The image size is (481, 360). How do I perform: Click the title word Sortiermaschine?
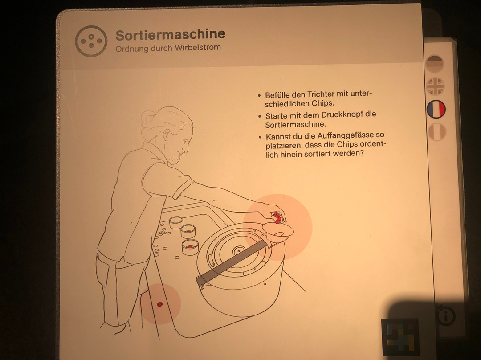(171, 35)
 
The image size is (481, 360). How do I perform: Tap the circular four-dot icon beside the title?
(91, 41)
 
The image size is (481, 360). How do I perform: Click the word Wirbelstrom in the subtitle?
(198, 48)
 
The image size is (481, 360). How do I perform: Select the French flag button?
(436, 109)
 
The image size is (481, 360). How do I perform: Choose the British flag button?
(435, 86)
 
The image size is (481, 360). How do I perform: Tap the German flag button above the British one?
(435, 64)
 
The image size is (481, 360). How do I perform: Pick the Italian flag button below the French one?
(437, 132)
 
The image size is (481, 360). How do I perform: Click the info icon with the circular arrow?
(446, 315)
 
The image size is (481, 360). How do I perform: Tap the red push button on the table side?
(160, 304)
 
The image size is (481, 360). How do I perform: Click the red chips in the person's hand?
(277, 217)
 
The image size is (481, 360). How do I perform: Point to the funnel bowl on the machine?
(277, 232)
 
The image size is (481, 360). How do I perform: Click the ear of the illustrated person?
(167, 135)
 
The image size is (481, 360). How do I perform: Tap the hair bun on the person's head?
(148, 118)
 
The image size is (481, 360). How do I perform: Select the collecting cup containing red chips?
(190, 247)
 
